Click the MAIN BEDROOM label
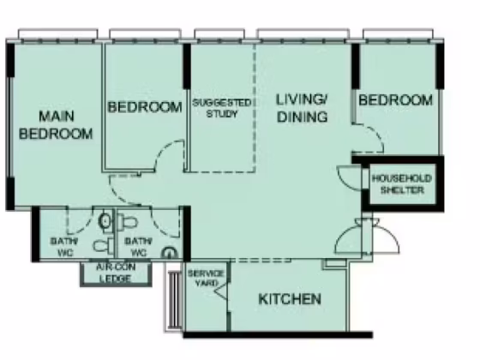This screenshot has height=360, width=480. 56,125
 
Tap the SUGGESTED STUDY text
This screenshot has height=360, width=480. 222,108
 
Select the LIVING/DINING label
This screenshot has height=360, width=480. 302,108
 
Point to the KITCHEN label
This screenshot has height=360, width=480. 290,299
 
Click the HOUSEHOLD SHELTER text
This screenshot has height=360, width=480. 402,184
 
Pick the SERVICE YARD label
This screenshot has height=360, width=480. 206,278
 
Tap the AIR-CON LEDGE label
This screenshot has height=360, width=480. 116,273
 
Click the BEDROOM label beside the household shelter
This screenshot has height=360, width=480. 396,100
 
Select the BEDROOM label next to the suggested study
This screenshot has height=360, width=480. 145,107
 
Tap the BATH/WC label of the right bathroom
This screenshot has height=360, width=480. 139,247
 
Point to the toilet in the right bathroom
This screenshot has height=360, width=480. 127,222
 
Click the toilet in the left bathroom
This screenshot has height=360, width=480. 104,245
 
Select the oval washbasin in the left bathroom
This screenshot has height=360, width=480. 105,220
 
